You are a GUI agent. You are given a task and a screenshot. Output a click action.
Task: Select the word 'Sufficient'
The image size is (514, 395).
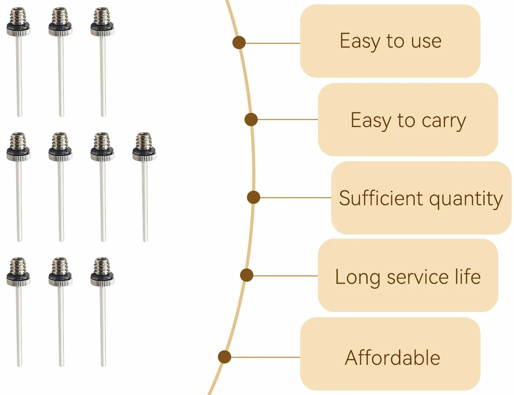[381, 198]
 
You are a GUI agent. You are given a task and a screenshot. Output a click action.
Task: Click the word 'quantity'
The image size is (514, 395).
[466, 200]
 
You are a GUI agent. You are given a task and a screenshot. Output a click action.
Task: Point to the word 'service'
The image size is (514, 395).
[418, 277]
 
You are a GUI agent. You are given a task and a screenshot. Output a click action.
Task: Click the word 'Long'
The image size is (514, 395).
[357, 278]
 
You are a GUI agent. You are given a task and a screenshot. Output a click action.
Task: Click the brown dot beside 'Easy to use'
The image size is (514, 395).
[239, 43]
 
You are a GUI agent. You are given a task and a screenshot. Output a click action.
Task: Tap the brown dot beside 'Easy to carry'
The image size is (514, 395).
[251, 119]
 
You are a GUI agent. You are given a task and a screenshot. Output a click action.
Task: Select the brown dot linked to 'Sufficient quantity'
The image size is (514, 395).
[253, 197]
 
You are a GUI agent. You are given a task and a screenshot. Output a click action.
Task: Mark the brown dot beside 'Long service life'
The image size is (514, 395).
[247, 275]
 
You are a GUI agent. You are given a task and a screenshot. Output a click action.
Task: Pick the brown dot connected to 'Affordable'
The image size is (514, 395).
[224, 357]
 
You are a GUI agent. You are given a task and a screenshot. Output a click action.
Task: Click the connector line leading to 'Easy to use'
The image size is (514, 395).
[273, 43]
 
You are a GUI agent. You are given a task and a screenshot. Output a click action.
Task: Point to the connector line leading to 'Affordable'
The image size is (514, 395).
[265, 357]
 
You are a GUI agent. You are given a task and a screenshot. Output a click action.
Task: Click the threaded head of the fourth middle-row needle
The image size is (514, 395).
[144, 141]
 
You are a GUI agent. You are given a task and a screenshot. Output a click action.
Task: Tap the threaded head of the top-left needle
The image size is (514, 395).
[18, 16]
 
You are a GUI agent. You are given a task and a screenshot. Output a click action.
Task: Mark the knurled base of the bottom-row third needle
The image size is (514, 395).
[102, 282]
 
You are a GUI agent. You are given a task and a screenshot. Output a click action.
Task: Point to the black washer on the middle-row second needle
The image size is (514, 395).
[60, 150]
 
